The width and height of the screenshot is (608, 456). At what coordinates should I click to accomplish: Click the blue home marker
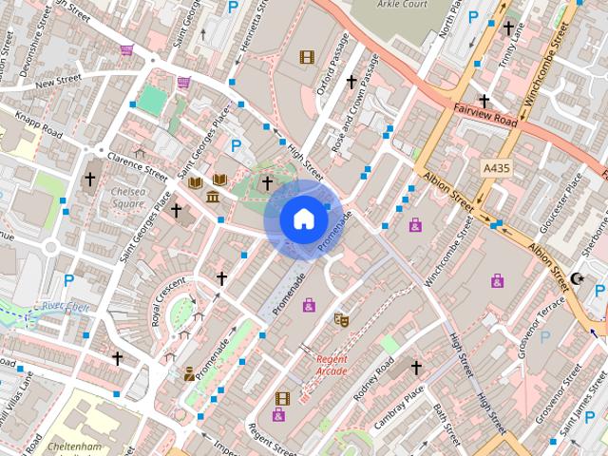(x=303, y=218)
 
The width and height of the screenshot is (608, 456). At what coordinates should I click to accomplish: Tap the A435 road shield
(x=497, y=167)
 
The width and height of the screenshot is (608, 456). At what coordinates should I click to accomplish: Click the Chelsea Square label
(x=129, y=197)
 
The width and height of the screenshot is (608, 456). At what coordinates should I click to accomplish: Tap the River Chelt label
(x=65, y=306)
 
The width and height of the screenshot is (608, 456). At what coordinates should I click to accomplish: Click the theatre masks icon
(x=341, y=320)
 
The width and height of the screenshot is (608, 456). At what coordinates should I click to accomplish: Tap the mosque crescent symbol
(x=577, y=279)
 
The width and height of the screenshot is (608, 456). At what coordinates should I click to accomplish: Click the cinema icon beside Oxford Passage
(x=306, y=57)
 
